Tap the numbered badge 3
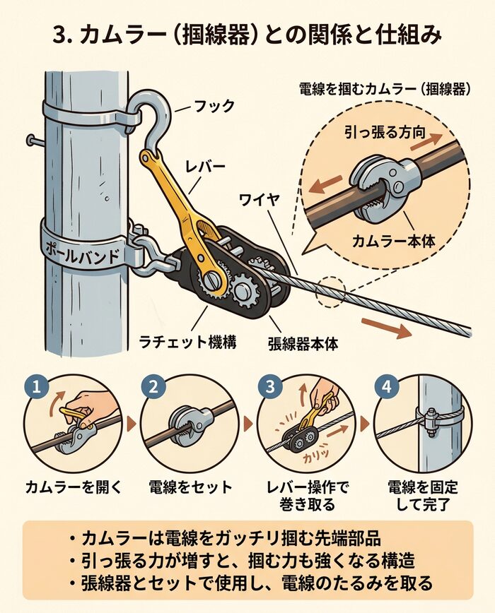269,387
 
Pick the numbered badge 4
385,387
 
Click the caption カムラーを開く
74,487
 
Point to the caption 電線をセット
190,487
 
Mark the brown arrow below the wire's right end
385,328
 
